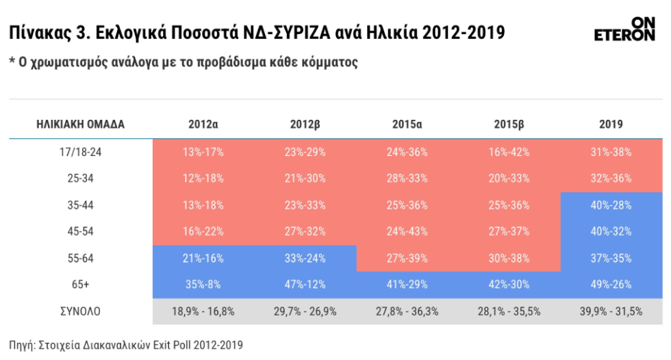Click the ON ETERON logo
coord(624,29)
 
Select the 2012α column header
coord(203,125)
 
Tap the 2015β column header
coord(509,125)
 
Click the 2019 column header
coord(611,125)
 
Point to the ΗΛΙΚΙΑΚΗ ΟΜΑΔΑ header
coord(81,125)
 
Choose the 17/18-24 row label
coord(81,152)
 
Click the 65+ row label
coord(81,284)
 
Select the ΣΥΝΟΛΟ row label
coord(81,311)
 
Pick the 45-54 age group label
coord(81,231)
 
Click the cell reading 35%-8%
coord(203,284)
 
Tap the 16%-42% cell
coord(509,152)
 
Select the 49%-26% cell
coord(611,284)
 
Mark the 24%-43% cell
coord(407,231)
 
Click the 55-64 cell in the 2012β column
coord(305,258)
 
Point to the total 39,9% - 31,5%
coord(611,311)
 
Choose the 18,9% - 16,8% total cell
coord(203,311)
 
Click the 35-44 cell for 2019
coord(611,205)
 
